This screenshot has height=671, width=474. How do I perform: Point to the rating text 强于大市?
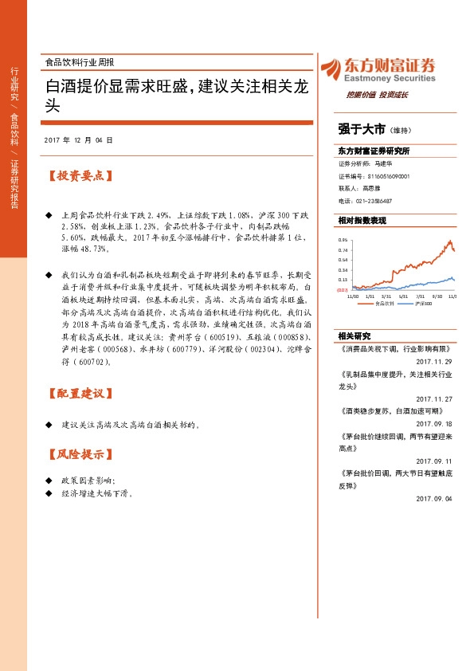[362, 128]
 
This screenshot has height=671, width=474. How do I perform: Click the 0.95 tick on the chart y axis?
[343, 239]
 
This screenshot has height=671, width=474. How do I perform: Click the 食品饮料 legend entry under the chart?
[385, 304]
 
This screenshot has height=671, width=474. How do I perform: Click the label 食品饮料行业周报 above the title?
[80, 62]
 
